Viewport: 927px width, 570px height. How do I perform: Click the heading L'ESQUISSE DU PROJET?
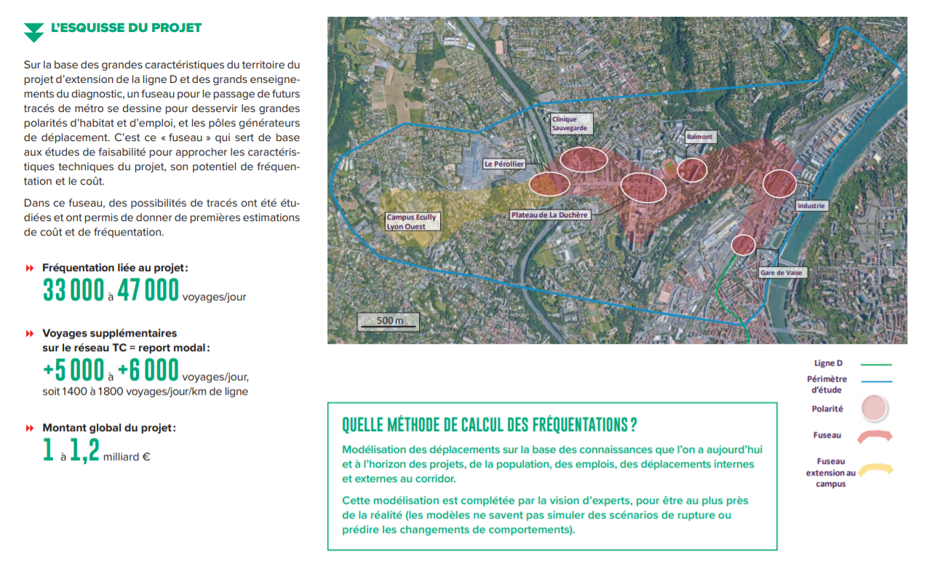point(126,28)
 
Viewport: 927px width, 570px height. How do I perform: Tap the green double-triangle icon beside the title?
point(33,32)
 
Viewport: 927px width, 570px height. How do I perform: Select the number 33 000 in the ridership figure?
point(73,291)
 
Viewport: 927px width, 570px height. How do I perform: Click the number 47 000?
point(148,291)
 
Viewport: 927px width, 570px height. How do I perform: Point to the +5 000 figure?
point(73,371)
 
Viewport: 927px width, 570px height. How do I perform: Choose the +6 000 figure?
point(148,371)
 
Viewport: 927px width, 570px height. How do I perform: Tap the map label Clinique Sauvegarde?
point(568,124)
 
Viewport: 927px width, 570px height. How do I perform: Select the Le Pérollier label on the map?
point(504,164)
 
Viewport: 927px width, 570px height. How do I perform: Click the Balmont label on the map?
point(699,137)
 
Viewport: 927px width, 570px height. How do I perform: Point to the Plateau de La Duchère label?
point(549,215)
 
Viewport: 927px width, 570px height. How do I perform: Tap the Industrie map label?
point(811,206)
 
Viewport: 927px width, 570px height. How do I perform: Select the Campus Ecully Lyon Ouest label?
point(412,222)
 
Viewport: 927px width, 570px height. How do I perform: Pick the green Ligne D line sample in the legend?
point(875,364)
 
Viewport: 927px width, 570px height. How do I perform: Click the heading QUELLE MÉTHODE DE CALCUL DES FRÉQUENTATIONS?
point(489,424)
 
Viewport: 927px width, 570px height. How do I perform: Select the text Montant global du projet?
point(109,428)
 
